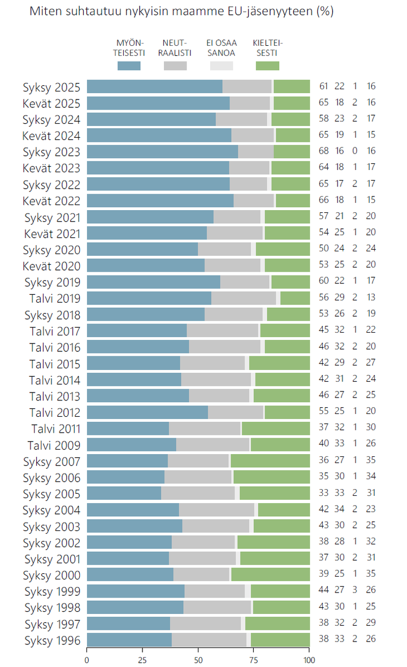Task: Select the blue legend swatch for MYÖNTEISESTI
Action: pos(129,66)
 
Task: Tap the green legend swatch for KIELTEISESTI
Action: pos(267,66)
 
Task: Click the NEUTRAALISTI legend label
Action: pos(175,48)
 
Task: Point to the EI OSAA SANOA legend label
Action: pos(221,48)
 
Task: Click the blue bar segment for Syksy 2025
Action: pos(154,86)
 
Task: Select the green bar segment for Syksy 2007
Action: pos(270,461)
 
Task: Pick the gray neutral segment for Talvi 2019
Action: pos(244,298)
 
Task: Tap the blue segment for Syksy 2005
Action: pos(124,493)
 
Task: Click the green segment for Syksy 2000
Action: pos(270,575)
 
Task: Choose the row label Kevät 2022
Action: pos(51,201)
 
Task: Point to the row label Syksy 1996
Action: pos(51,640)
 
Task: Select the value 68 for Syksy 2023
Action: pos(324,151)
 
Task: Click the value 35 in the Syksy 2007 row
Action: pos(371,461)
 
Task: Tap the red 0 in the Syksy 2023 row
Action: pos(355,151)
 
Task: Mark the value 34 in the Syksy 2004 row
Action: pos(339,509)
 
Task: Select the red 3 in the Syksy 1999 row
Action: pos(355,591)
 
